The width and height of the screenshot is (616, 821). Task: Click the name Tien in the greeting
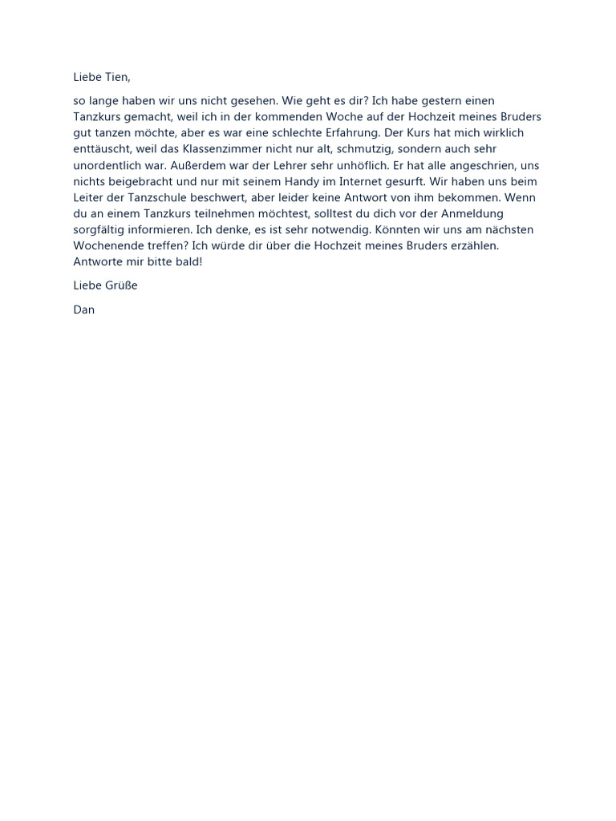[115, 77]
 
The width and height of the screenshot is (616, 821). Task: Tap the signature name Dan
[83, 309]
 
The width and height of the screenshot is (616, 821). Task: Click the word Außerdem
[214, 165]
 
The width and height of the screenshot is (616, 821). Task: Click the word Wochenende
[111, 245]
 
